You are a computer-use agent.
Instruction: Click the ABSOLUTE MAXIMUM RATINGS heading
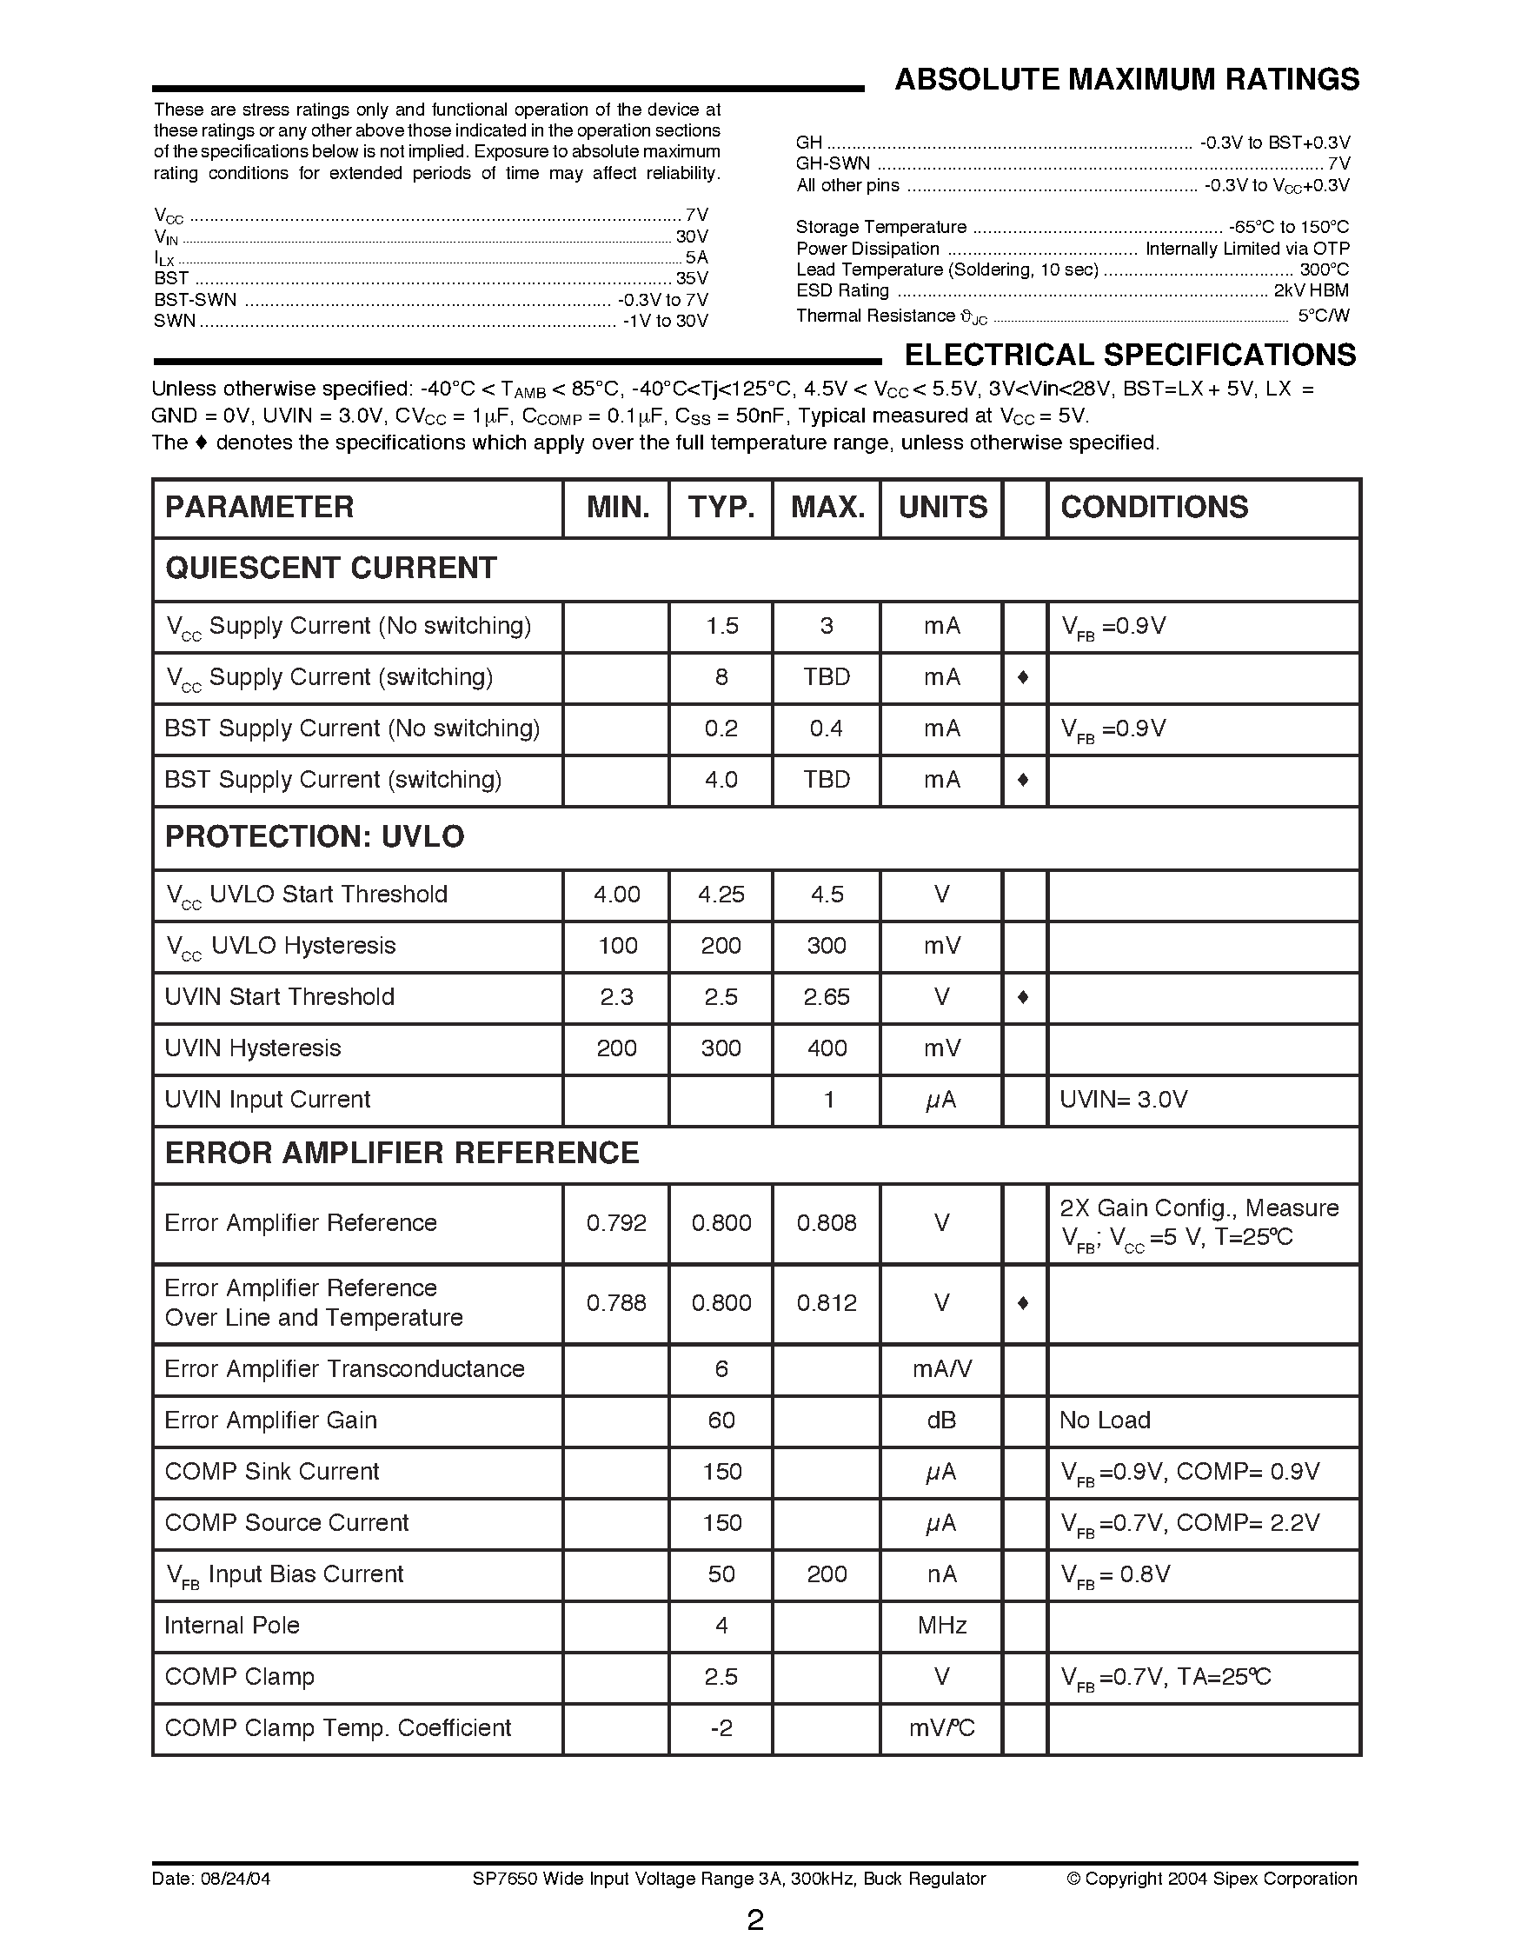[1126, 81]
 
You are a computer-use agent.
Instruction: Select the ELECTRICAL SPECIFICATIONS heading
[1130, 356]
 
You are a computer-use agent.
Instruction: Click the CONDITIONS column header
[1153, 507]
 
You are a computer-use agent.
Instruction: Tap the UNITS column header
[942, 507]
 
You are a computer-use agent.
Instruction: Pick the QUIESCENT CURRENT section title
[330, 568]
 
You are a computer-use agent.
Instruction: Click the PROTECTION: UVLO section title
[315, 836]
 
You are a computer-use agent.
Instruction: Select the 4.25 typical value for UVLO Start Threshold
[721, 895]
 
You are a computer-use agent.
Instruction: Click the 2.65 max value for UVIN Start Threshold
[827, 997]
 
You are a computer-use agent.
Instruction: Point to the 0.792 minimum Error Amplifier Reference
[616, 1223]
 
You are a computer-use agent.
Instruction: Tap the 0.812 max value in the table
[827, 1303]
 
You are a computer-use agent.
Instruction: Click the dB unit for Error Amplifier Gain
[941, 1420]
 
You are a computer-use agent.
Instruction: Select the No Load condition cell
[1104, 1420]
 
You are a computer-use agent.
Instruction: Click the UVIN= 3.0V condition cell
[1123, 1100]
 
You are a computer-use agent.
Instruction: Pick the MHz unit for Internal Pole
[942, 1626]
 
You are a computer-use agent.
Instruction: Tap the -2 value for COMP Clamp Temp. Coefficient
[721, 1728]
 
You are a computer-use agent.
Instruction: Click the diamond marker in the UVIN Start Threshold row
[1023, 997]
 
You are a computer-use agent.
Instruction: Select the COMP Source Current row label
[287, 1522]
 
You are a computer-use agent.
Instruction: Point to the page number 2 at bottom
[755, 1920]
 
